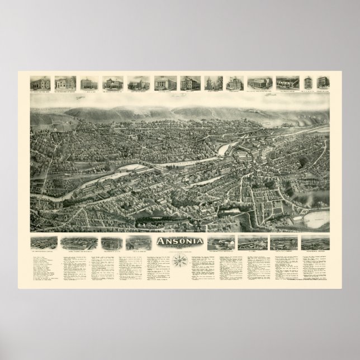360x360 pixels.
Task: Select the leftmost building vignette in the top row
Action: [39, 82]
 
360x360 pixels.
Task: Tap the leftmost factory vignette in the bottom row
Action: [42, 229]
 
